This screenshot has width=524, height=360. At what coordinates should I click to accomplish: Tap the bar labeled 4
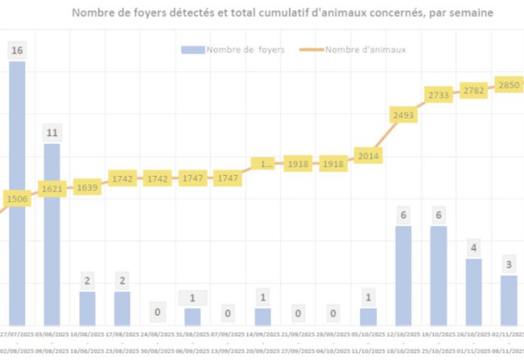(474, 292)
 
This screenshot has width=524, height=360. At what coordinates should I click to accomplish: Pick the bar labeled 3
(509, 300)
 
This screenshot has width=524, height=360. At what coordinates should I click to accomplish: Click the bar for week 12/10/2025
(403, 276)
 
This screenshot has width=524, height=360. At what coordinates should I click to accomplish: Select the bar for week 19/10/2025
(439, 276)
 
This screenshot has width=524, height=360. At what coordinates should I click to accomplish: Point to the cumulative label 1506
(17, 199)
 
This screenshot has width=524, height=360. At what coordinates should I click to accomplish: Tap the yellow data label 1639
(87, 188)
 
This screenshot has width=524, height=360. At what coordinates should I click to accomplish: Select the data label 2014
(369, 156)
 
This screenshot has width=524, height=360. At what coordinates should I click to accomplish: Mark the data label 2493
(403, 114)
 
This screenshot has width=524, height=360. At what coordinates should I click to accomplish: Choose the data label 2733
(439, 94)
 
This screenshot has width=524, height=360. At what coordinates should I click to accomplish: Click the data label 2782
(474, 90)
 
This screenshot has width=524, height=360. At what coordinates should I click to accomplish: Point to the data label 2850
(508, 84)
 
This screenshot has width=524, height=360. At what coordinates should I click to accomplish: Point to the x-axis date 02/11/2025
(506, 333)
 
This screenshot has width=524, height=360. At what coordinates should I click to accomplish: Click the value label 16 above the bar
(17, 50)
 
